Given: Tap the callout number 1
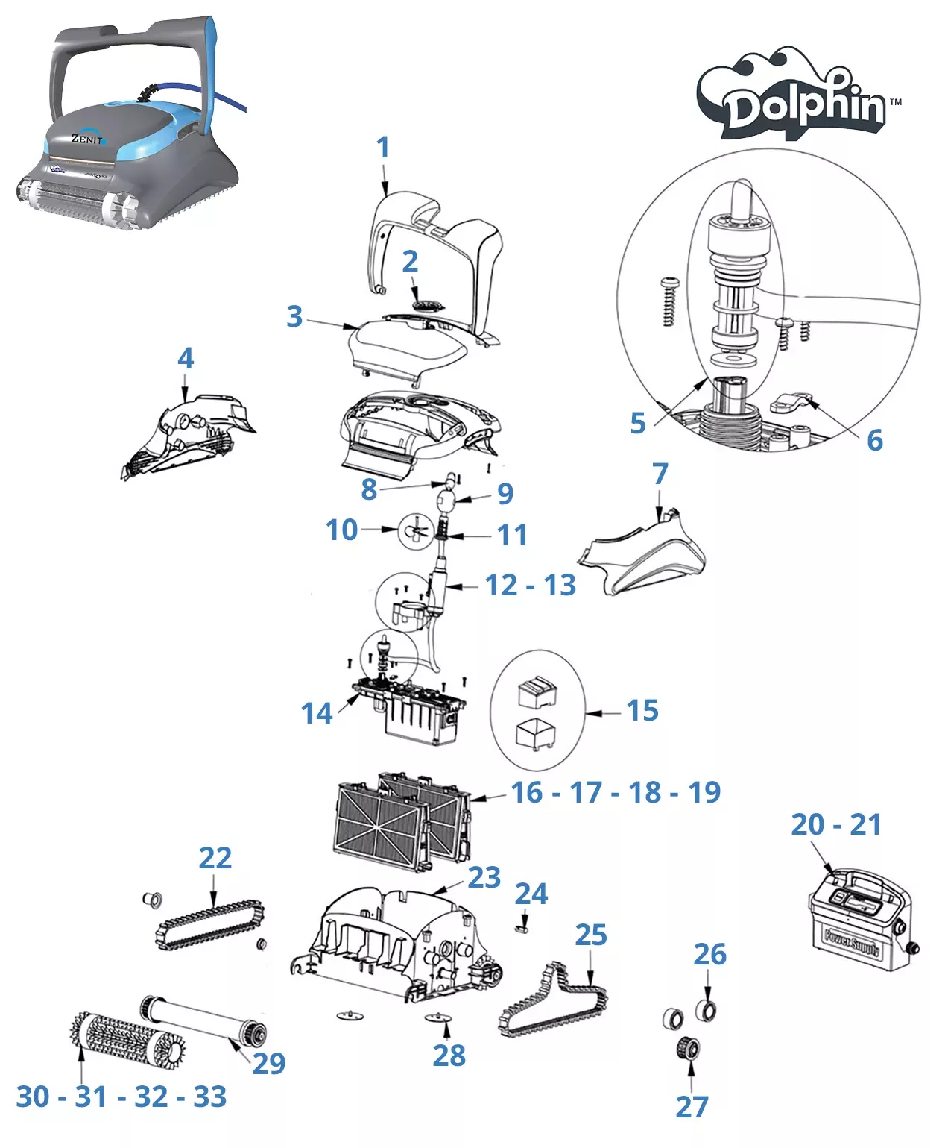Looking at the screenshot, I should click(x=383, y=148).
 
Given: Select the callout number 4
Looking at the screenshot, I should click(x=186, y=359).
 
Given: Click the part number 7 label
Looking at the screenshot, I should click(x=660, y=474).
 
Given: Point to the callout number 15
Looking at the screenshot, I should click(x=642, y=711).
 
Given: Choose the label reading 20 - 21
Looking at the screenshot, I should click(x=836, y=825).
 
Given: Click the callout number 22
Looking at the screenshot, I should click(x=215, y=858).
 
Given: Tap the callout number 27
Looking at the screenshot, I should click(x=692, y=1107).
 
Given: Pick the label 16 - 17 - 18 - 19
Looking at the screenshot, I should click(x=616, y=793).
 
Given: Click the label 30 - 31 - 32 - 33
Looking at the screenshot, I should click(x=121, y=1097).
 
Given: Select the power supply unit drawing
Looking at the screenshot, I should click(x=861, y=920).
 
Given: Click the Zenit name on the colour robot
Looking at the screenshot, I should click(x=88, y=139).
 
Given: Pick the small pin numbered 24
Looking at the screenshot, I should click(x=523, y=928).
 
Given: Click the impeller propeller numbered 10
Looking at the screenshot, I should click(x=416, y=531).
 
